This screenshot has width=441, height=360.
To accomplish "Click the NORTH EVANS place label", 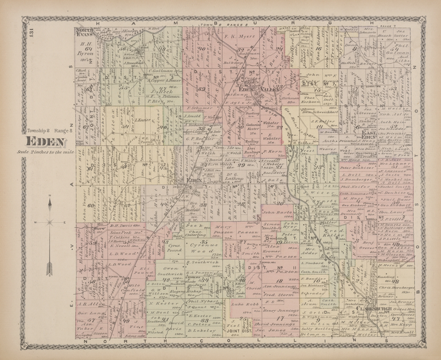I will pyautogui.click(x=86, y=33).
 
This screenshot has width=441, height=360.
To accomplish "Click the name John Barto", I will pyautogui.click(x=278, y=214).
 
